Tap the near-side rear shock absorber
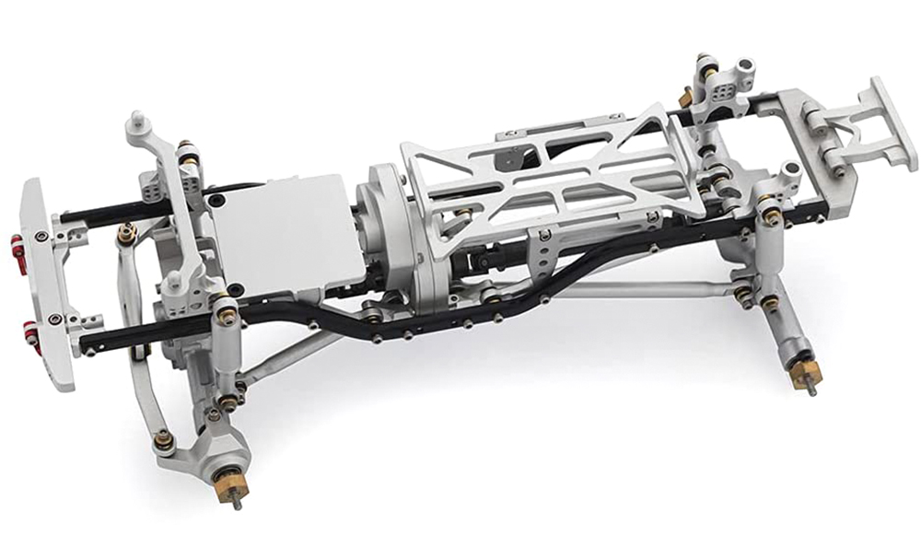774,276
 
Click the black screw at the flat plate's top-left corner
215,200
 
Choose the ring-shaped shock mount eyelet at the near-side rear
790,171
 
